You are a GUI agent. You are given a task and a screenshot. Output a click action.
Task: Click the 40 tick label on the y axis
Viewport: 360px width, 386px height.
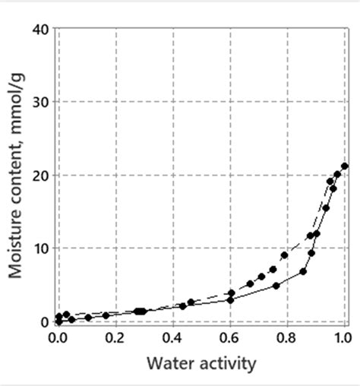point(41,29)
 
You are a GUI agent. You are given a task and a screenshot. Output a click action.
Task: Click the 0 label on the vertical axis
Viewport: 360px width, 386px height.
point(46,321)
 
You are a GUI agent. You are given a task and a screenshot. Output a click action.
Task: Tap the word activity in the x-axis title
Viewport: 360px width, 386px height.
point(225,363)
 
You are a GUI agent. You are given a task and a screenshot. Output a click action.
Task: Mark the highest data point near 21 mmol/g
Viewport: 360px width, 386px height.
point(345,166)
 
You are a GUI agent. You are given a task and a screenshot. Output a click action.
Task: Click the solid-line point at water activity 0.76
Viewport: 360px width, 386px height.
point(276,286)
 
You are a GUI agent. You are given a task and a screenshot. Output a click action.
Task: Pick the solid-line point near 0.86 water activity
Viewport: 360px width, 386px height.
point(303,271)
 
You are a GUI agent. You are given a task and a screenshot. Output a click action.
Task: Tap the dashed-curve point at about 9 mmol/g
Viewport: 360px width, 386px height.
point(285,255)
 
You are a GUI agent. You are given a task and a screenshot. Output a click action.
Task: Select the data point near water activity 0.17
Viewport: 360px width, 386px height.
point(106,315)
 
